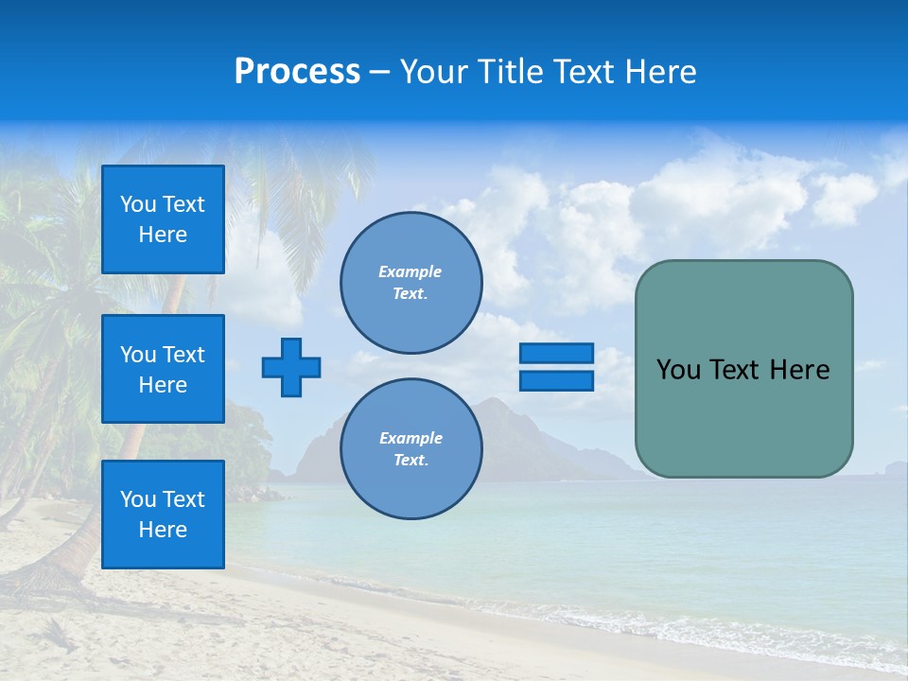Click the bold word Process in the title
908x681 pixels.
[297, 72]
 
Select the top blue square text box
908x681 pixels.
[163, 219]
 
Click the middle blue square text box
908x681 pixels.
[163, 369]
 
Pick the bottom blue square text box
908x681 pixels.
[163, 515]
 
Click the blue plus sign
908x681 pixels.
[291, 367]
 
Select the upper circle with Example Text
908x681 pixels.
[411, 283]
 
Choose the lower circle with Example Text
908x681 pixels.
[411, 449]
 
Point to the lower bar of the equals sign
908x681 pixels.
[556, 380]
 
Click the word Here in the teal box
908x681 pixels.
[799, 370]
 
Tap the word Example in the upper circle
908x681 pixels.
[410, 271]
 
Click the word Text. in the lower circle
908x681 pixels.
[410, 461]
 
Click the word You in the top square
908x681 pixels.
[138, 204]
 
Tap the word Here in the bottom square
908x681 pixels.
[163, 530]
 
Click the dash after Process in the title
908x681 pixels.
[379, 72]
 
